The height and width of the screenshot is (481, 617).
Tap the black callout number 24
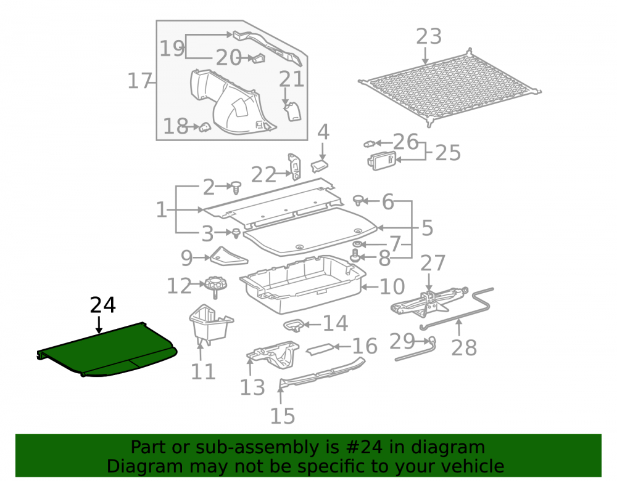coord(102,305)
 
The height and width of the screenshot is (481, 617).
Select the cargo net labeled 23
coord(450,87)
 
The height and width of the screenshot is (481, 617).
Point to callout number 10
coord(392,286)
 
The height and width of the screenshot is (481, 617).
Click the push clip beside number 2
coord(236,188)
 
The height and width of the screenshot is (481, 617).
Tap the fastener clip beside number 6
coord(358,200)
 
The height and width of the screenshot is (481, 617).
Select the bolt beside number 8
coord(355,254)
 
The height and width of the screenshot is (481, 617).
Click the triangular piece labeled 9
coord(228,256)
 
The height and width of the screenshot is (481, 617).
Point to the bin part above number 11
coord(210,325)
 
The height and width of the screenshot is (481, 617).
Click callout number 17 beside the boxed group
coord(139,81)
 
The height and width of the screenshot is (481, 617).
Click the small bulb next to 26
coord(369,144)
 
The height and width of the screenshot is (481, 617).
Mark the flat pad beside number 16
coord(320,349)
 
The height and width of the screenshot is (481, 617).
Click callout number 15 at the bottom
coord(283,416)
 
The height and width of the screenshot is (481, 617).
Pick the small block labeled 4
coord(320,166)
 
